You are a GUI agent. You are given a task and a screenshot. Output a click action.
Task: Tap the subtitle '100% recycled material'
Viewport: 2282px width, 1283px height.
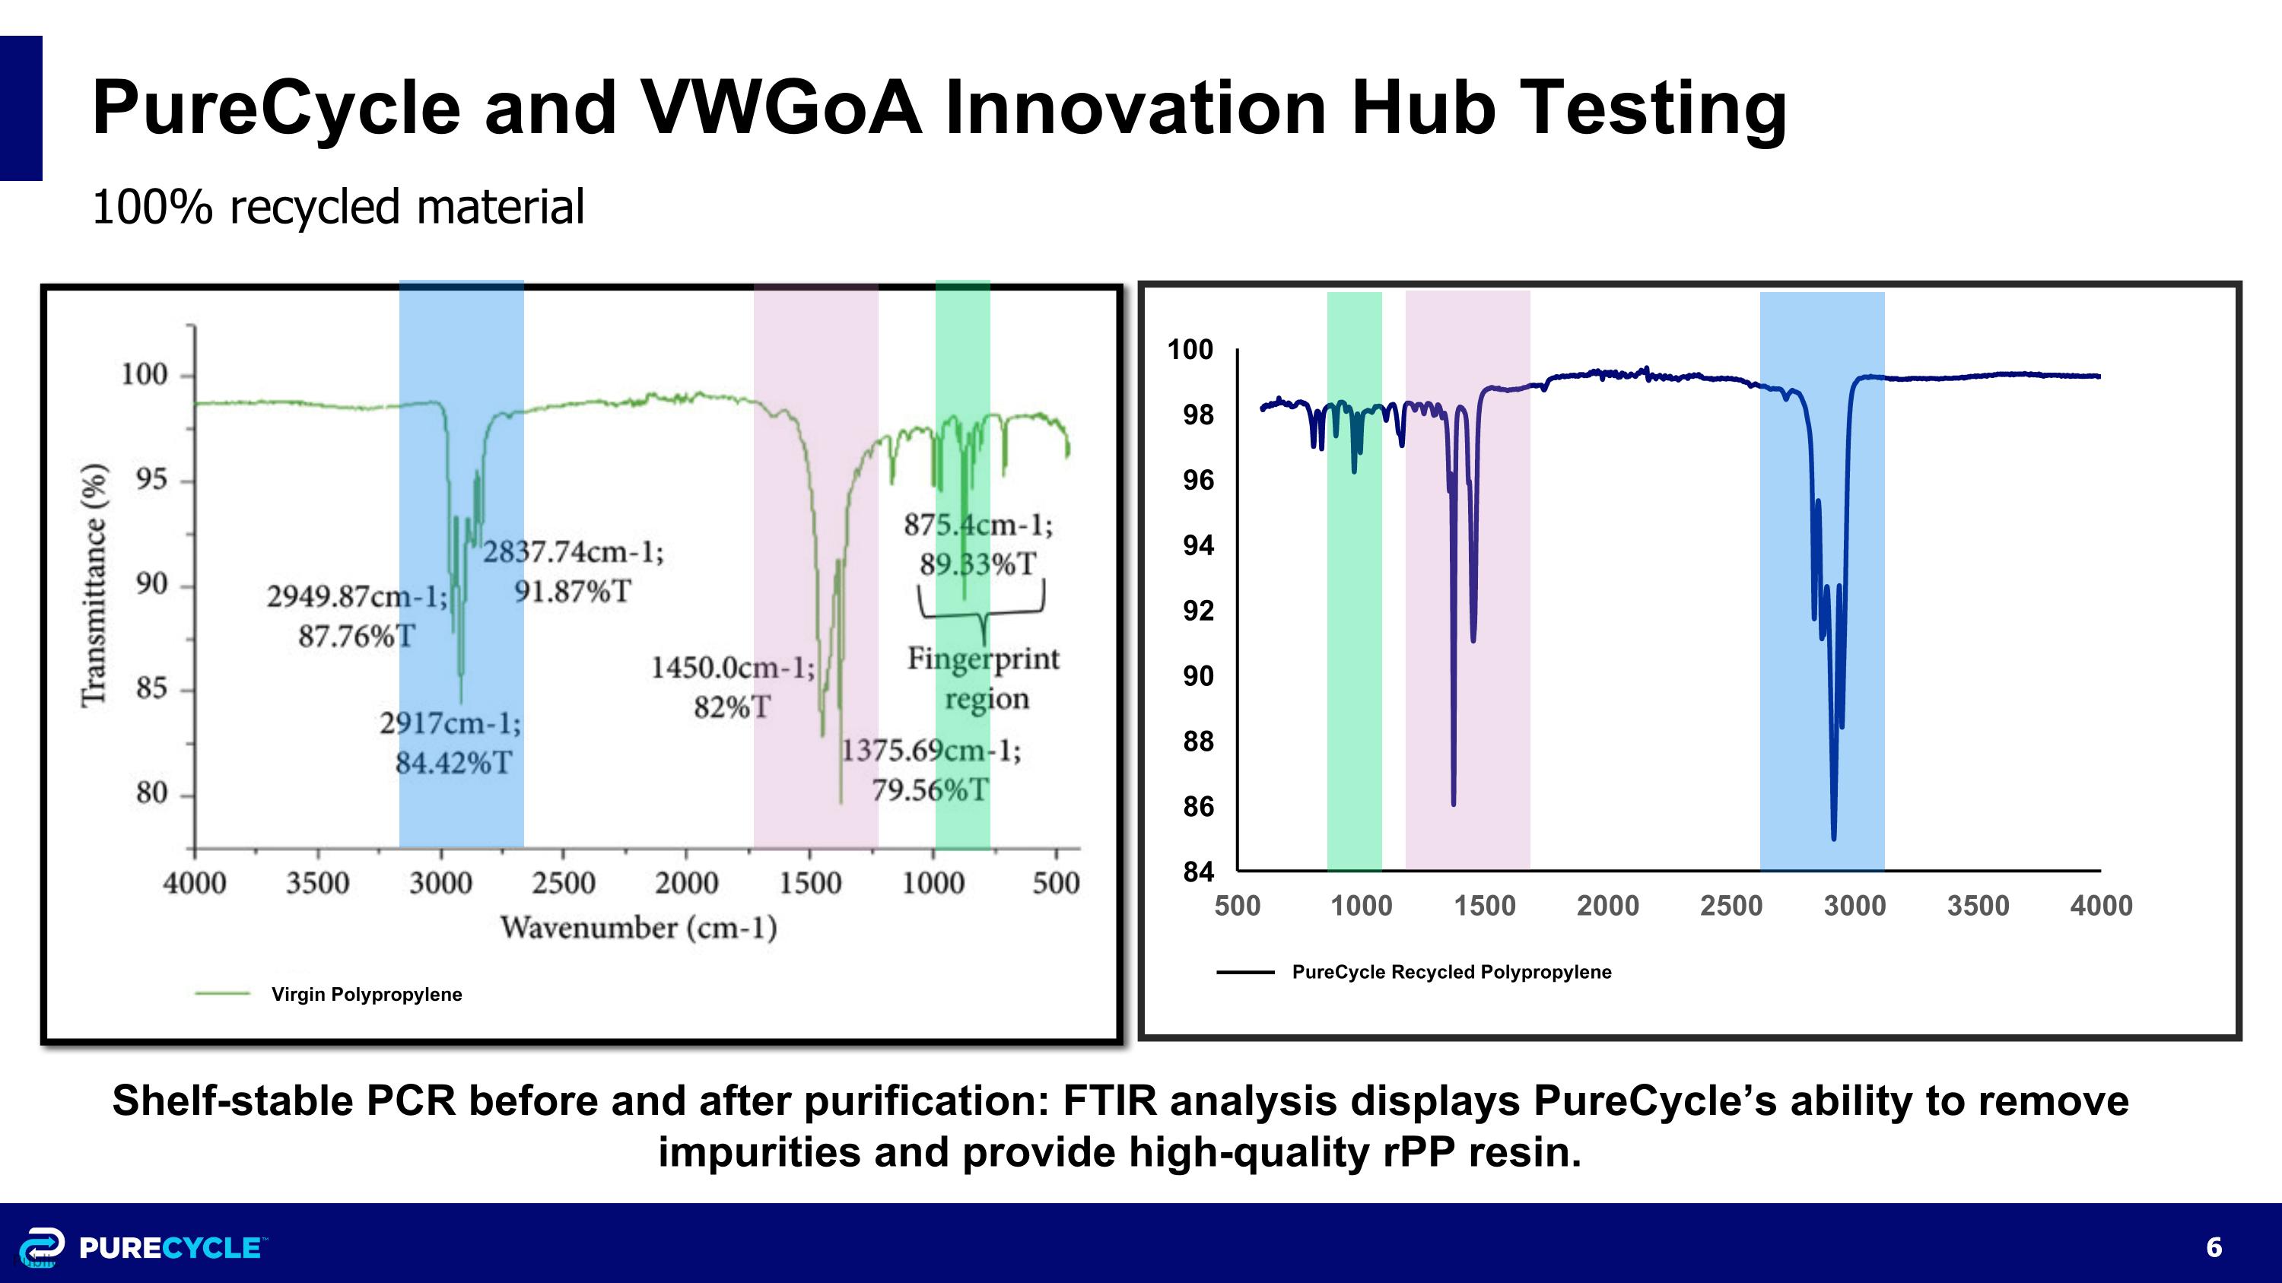click(338, 207)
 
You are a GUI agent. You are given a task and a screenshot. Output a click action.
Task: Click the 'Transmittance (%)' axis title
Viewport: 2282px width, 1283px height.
click(94, 584)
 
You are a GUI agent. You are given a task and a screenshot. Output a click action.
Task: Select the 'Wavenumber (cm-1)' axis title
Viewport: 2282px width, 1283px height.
click(639, 928)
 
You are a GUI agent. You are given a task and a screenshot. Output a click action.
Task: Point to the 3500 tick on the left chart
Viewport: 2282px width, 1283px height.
click(317, 883)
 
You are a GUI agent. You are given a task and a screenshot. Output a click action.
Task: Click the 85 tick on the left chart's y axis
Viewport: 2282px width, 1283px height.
click(151, 689)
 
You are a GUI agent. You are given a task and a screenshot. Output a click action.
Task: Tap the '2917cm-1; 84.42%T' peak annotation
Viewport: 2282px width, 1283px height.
click(452, 743)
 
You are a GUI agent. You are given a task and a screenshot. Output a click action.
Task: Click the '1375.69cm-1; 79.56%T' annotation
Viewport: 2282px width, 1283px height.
click(930, 770)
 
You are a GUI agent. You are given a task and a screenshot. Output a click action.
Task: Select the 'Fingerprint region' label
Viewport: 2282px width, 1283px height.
click(984, 678)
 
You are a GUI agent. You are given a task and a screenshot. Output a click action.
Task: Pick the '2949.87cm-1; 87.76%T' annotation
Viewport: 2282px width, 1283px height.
click(357, 615)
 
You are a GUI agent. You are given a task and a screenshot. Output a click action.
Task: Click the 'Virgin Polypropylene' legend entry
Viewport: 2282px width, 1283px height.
click(366, 994)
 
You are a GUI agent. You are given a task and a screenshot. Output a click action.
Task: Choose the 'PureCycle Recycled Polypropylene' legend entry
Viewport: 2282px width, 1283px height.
click(1451, 972)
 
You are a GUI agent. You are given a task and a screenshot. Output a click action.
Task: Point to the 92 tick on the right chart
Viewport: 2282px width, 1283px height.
click(1198, 611)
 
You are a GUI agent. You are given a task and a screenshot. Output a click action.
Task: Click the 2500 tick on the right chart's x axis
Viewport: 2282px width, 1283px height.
click(1731, 906)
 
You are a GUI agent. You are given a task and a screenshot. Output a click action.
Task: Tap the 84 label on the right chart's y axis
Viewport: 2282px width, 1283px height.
click(1198, 872)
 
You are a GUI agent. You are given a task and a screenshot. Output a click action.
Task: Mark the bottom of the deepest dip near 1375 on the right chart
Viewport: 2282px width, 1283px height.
click(1454, 803)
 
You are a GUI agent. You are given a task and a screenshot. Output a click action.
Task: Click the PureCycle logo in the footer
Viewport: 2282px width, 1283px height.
click(141, 1247)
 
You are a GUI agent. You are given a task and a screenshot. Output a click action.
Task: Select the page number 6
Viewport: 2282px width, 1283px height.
click(2214, 1247)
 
